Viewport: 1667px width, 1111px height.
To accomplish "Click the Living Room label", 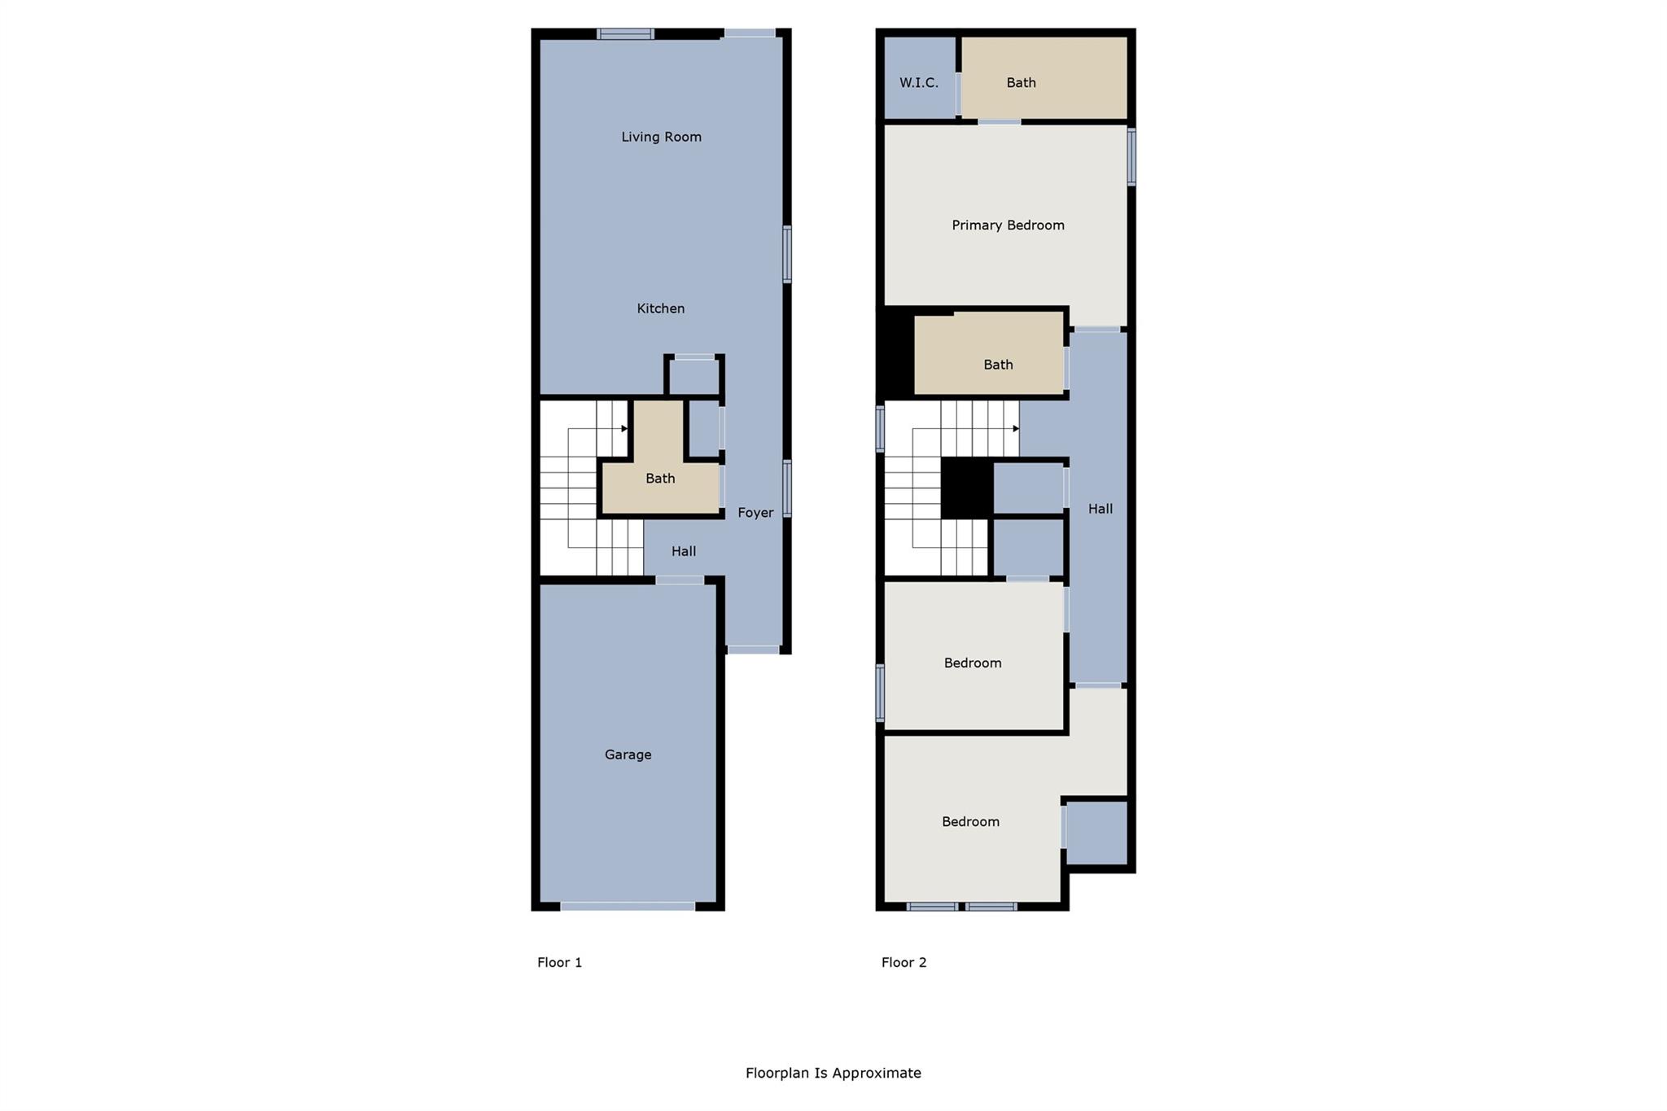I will [x=661, y=137].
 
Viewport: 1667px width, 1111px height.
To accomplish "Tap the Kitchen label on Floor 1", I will [x=660, y=308].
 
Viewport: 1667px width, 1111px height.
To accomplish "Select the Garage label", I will [x=628, y=755].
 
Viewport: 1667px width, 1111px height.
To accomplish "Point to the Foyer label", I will [x=755, y=513].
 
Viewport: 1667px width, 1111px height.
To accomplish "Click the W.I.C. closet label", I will [x=919, y=83].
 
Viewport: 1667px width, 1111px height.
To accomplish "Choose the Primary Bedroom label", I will [x=1008, y=225].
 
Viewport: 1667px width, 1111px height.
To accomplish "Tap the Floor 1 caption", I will [x=559, y=962].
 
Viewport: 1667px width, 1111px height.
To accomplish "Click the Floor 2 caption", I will [x=904, y=962].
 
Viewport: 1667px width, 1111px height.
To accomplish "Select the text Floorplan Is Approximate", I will [x=833, y=1073].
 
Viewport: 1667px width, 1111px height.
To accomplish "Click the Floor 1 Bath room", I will [x=660, y=479].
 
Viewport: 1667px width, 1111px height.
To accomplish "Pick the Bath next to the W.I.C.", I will [x=1021, y=82].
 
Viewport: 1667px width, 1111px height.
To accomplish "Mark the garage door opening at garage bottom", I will [x=628, y=906].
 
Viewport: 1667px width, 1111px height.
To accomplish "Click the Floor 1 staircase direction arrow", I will [x=624, y=428].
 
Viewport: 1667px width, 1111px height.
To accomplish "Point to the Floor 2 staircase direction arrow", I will [x=1016, y=428].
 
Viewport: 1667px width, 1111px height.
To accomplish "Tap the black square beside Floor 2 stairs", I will [x=966, y=488].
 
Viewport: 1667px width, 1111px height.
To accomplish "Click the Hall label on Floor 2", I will [x=1100, y=509].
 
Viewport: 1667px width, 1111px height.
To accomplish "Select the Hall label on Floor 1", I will [x=683, y=551].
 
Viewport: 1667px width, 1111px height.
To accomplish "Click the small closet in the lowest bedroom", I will [x=1096, y=833].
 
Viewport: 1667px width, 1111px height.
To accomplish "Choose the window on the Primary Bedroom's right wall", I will [x=1131, y=156].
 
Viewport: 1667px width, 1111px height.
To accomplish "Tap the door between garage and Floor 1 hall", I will [x=680, y=580].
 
